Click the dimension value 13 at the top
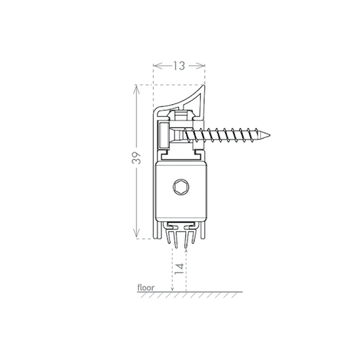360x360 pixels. [x=179, y=66]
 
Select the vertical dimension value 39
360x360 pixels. [x=136, y=158]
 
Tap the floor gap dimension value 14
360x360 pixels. [x=179, y=269]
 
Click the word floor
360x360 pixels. [x=146, y=287]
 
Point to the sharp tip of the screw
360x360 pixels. [x=270, y=135]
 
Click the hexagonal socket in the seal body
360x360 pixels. [x=181, y=187]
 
